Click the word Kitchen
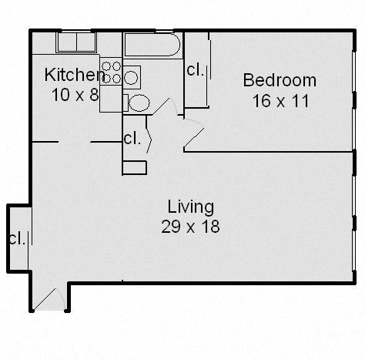[x=74, y=75]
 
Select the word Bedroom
[x=280, y=80]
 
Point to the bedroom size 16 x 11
[x=280, y=100]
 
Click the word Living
[x=190, y=207]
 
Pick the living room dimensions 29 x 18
[x=191, y=227]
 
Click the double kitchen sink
[x=76, y=42]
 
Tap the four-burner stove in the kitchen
[x=112, y=72]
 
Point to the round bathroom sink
[x=132, y=76]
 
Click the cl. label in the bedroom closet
[x=195, y=70]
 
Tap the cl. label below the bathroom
[x=132, y=140]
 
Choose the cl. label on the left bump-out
[x=16, y=238]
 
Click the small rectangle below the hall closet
[x=134, y=167]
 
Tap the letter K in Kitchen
[x=50, y=75]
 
